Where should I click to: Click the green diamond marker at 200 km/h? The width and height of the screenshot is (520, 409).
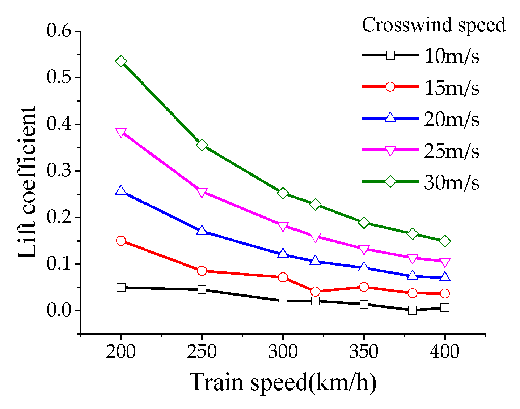pyautogui.click(x=121, y=61)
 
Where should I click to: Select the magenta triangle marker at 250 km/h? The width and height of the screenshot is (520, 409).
pyautogui.click(x=202, y=192)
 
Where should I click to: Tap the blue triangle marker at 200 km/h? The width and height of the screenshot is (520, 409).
pyautogui.click(x=121, y=191)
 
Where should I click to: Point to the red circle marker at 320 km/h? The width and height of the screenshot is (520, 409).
pyautogui.click(x=315, y=292)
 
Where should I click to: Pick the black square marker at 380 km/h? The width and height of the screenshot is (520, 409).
pyautogui.click(x=413, y=310)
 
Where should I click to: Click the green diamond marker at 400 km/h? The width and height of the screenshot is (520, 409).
pyautogui.click(x=445, y=241)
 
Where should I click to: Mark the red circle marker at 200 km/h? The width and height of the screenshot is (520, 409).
pyautogui.click(x=121, y=241)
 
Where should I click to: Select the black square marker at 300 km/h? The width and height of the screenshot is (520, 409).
pyautogui.click(x=283, y=301)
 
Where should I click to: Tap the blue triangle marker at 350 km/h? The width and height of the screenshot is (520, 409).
pyautogui.click(x=364, y=267)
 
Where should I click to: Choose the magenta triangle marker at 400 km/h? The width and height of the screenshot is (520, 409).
pyautogui.click(x=445, y=262)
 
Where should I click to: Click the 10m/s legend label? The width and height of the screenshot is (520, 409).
pyautogui.click(x=451, y=56)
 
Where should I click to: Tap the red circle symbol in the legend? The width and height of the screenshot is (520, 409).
pyautogui.click(x=390, y=87)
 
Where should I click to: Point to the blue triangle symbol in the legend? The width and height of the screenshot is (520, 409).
pyautogui.click(x=390, y=118)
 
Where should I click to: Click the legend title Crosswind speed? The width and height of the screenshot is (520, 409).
pyautogui.click(x=434, y=25)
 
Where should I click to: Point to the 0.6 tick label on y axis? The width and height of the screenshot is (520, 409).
pyautogui.click(x=60, y=31)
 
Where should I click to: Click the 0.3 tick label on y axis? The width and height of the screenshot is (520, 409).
pyautogui.click(x=60, y=171)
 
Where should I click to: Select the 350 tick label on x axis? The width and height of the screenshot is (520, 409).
pyautogui.click(x=364, y=352)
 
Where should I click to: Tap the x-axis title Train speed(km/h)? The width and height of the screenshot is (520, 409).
pyautogui.click(x=283, y=382)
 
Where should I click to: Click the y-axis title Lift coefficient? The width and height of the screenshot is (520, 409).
pyautogui.click(x=28, y=182)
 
